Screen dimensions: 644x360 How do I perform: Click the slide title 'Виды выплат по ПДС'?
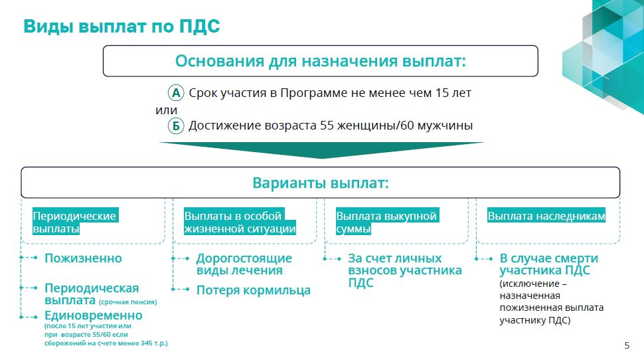(x=121, y=27)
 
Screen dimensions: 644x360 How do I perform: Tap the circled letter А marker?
(x=176, y=93)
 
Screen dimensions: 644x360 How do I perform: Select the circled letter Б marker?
(x=176, y=126)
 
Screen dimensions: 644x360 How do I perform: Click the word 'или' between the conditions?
(x=167, y=110)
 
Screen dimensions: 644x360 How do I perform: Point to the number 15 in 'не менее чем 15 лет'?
(x=442, y=93)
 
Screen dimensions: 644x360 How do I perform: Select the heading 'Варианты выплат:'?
(x=321, y=183)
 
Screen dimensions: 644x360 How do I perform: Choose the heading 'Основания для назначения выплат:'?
(x=321, y=61)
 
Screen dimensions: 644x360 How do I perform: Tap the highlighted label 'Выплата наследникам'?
(x=546, y=216)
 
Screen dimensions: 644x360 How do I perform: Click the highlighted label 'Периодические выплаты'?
(x=74, y=222)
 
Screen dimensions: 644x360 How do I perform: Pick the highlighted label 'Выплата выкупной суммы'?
(x=386, y=222)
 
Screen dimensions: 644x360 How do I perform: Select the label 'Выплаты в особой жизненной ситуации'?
(x=240, y=222)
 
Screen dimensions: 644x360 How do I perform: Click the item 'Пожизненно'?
(x=83, y=258)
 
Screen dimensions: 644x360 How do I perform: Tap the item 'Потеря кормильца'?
(x=254, y=290)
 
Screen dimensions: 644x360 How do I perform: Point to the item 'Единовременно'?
(x=93, y=315)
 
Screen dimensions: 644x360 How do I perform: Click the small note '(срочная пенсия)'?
(x=127, y=302)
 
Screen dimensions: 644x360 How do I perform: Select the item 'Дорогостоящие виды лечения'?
(x=244, y=264)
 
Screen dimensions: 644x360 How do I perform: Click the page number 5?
(x=627, y=345)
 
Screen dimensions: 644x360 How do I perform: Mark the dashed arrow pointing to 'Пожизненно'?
(x=29, y=258)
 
